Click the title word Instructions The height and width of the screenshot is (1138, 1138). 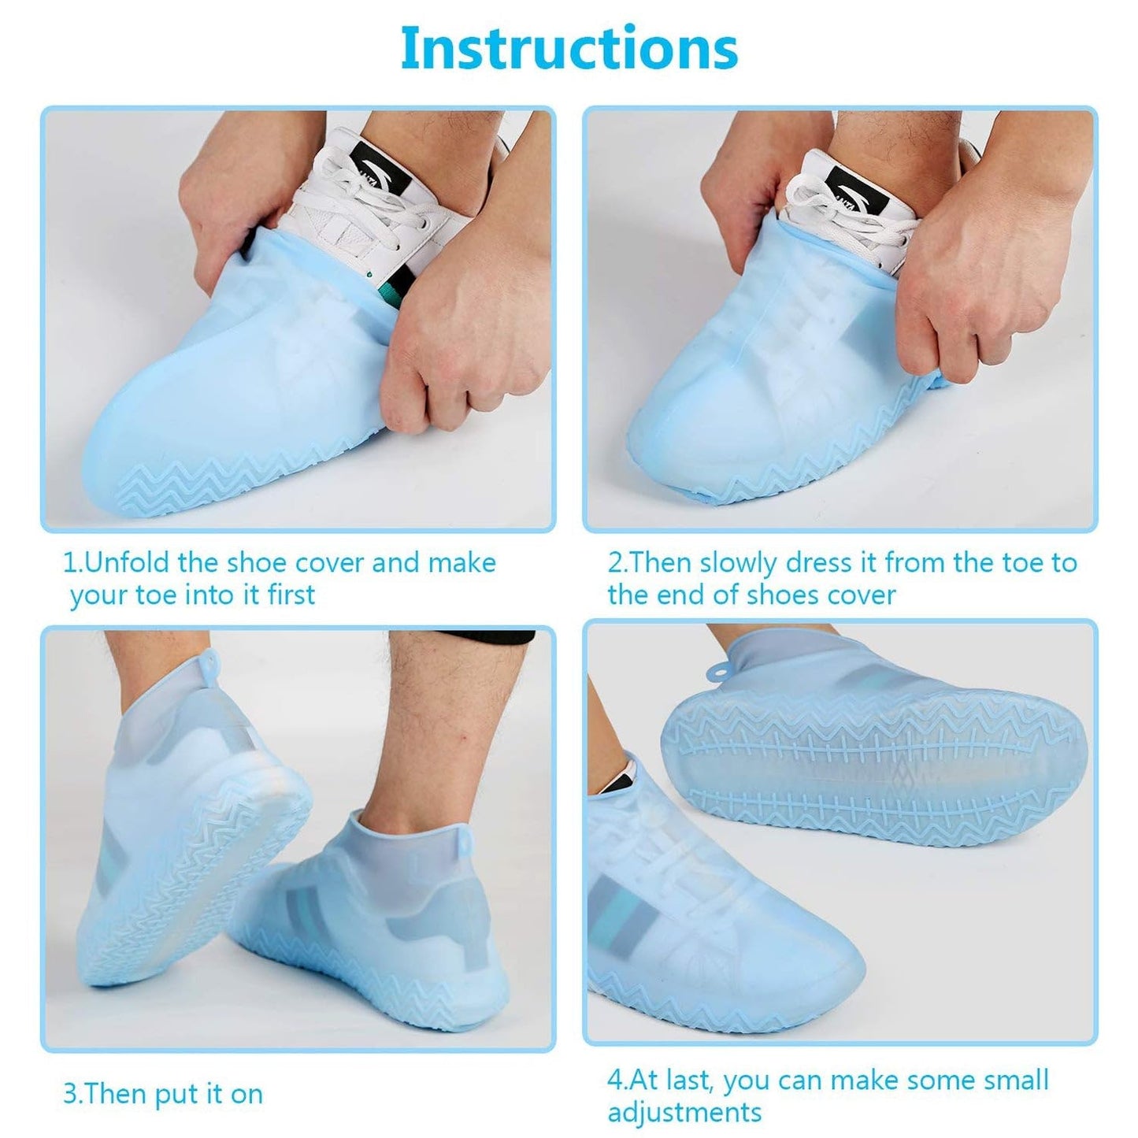point(569,49)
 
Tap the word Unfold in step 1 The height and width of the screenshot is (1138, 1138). point(129,563)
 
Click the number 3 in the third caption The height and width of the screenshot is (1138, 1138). point(69,1094)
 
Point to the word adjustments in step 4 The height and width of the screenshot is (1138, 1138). point(684,1113)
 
